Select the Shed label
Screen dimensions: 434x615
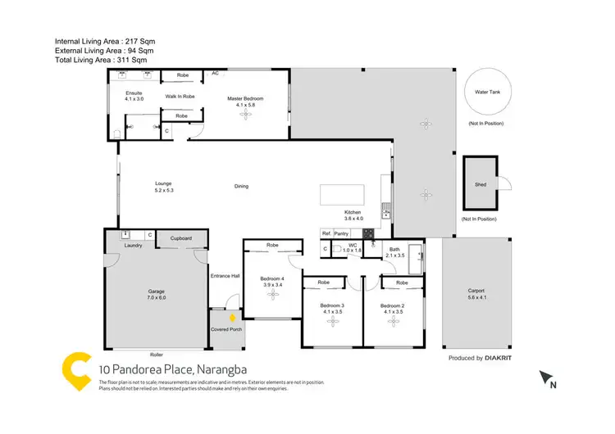(x=481, y=184)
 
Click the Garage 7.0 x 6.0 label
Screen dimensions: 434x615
(x=156, y=293)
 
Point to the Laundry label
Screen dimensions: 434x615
(x=134, y=245)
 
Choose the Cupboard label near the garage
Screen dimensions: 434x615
(x=181, y=238)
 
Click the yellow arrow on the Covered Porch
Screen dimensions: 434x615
(x=232, y=316)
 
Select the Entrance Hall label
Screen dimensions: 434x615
(x=225, y=275)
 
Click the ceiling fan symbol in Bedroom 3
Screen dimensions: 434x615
(x=333, y=321)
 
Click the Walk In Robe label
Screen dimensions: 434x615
(x=180, y=97)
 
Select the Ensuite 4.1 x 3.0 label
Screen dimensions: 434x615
(x=134, y=96)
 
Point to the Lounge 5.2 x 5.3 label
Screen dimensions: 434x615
(x=164, y=187)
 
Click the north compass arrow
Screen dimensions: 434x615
(x=546, y=377)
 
